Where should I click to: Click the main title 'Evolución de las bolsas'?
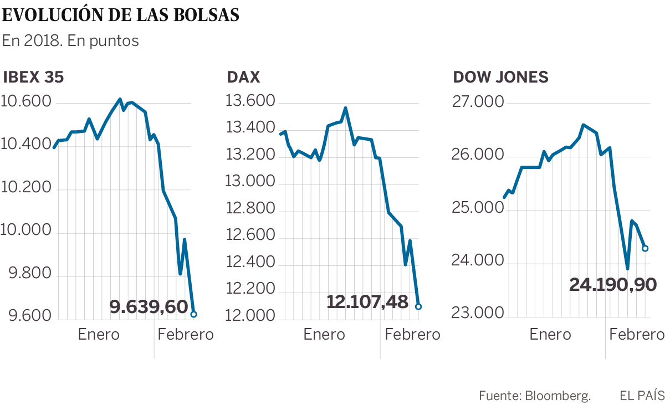(121, 15)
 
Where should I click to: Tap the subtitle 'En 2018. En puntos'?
(70, 42)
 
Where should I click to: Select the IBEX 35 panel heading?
(34, 77)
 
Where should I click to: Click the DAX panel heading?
(243, 77)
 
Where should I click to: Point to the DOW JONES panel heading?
(501, 77)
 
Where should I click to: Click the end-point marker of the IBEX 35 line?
(193, 314)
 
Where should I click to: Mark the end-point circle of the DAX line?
(418, 306)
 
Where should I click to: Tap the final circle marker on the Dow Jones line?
(645, 248)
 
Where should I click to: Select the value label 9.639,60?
(149, 306)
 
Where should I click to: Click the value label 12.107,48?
(367, 302)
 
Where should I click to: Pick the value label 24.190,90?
(613, 285)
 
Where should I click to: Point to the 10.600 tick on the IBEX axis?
(26, 102)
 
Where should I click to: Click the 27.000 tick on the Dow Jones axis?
(477, 102)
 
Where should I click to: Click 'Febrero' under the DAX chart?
(412, 335)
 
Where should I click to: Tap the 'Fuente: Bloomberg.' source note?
(535, 396)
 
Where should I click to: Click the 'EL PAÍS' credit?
(642, 396)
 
